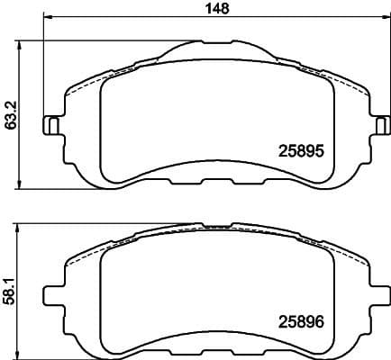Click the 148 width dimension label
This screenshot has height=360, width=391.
point(216,8)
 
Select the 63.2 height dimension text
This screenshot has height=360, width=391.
point(12,114)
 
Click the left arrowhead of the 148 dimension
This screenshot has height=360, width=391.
point(47,19)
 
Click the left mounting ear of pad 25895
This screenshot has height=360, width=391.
point(53,125)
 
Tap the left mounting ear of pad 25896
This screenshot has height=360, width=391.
point(53,294)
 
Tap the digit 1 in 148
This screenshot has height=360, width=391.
point(208,8)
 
